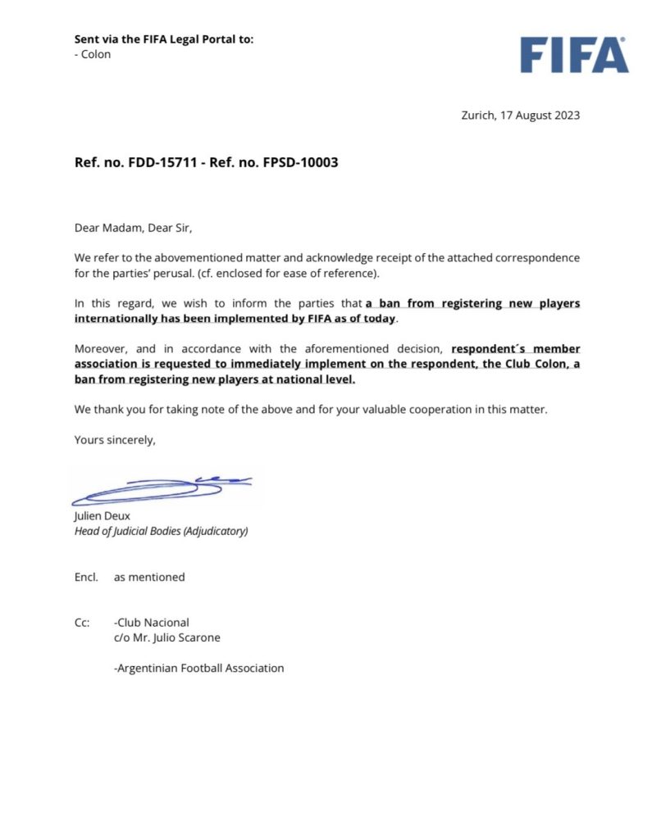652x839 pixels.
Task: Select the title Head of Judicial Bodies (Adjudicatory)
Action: pyautogui.click(x=161, y=530)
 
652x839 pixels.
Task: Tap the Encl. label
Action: pyautogui.click(x=86, y=577)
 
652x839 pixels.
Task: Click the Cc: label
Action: pyautogui.click(x=82, y=623)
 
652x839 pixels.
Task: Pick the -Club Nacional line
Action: pyautogui.click(x=152, y=623)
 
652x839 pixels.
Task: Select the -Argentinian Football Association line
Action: pyautogui.click(x=198, y=668)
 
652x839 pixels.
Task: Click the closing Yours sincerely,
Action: pyautogui.click(x=115, y=439)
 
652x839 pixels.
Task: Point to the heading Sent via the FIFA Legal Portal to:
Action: pyautogui.click(x=164, y=39)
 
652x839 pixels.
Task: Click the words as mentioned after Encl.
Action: pyautogui.click(x=149, y=577)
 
